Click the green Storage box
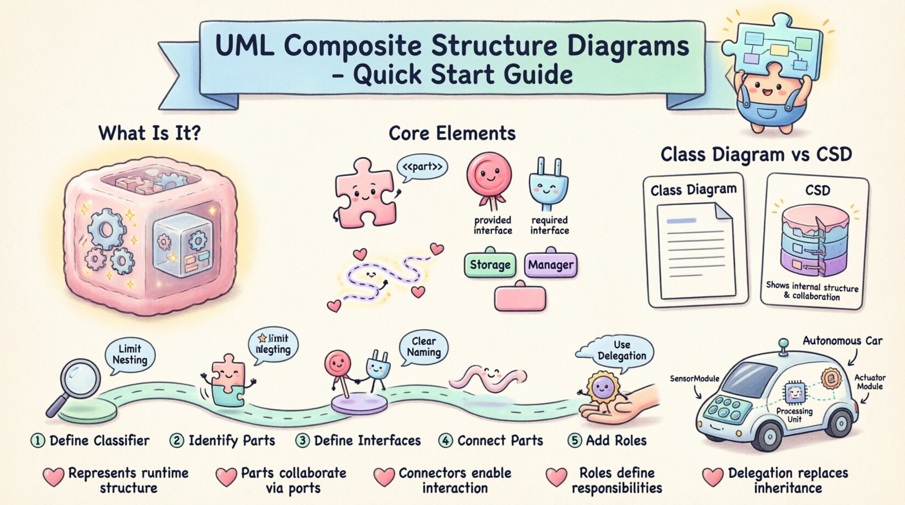pos(490,265)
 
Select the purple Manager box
pos(550,265)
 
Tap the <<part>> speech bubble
pos(422,168)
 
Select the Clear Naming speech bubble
pos(424,347)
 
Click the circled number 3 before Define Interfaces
pos(302,440)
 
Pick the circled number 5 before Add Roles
pos(574,440)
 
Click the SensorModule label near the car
pos(695,379)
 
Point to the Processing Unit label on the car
pos(794,415)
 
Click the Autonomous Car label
pos(842,341)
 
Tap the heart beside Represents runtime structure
pos(53,477)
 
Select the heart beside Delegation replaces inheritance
pos(712,477)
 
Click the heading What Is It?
pos(150,133)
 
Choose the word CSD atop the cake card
pos(817,190)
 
